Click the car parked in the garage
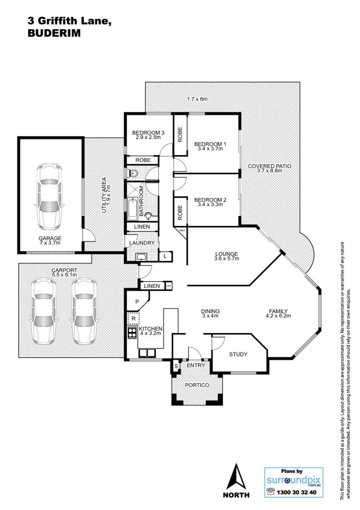49,196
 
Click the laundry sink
142,257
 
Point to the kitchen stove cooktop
132,332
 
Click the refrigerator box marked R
133,318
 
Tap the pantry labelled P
137,301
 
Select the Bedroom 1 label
210,144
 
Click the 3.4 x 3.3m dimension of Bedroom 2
210,205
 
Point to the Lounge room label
227,254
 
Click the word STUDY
238,354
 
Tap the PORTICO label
197,385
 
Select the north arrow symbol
237,477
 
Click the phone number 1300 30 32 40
296,492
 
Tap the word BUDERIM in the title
54,33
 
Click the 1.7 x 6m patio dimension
197,99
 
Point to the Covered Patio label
269,166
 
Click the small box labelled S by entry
176,366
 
